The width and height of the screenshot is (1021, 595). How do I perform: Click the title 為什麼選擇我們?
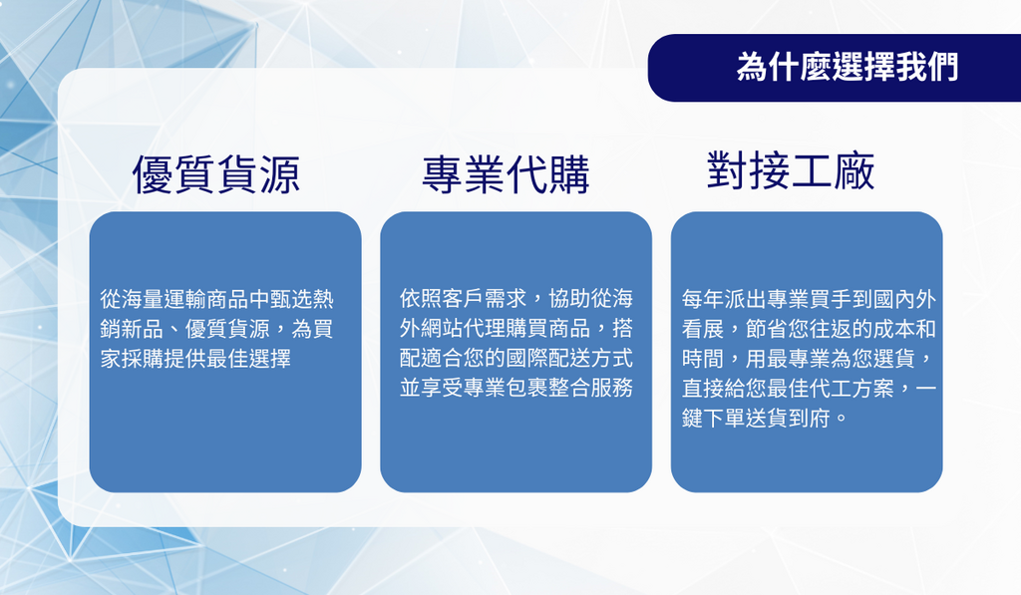(848, 67)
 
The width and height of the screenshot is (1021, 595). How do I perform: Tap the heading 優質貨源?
(216, 175)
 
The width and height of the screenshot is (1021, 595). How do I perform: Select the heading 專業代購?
(506, 175)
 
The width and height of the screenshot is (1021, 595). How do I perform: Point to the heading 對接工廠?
(791, 170)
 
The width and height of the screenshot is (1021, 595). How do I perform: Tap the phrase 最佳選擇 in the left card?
(248, 358)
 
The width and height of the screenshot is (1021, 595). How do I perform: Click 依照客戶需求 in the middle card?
(463, 299)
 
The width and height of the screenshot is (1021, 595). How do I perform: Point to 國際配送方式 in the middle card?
(569, 358)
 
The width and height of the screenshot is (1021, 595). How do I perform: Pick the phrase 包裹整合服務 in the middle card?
(569, 388)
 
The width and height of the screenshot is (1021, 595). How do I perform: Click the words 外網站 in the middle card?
(431, 328)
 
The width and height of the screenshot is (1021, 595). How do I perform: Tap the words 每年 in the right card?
(703, 299)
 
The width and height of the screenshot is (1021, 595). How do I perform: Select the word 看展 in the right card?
(703, 329)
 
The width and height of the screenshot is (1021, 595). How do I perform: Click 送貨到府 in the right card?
(788, 418)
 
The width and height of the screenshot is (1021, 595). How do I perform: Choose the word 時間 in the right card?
(703, 359)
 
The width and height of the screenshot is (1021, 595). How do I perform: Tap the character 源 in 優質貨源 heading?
(279, 175)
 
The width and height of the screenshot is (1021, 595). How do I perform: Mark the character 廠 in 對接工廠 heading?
(853, 170)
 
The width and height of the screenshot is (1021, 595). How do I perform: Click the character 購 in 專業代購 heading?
(569, 175)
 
